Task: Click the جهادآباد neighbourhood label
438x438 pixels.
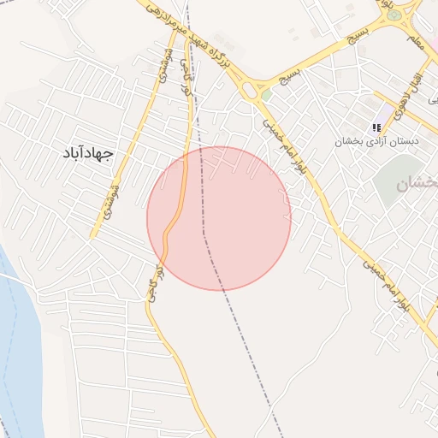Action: pyautogui.click(x=88, y=152)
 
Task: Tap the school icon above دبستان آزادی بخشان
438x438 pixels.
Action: pyautogui.click(x=377, y=127)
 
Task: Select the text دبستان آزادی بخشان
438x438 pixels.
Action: pyautogui.click(x=377, y=141)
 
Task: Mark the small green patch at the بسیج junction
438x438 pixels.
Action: pyautogui.click(x=266, y=95)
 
